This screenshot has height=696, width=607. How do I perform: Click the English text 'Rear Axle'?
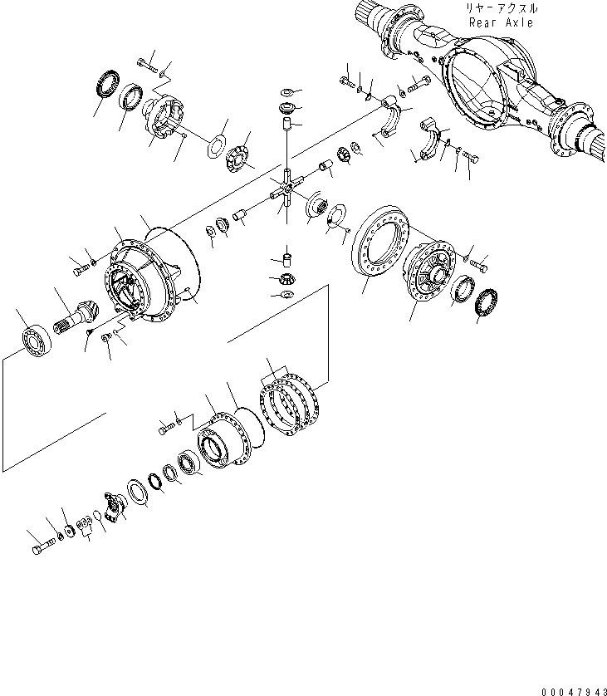[x=501, y=22]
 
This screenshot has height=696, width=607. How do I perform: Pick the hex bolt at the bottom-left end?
[x=43, y=549]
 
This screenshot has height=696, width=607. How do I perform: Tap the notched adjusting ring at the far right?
[x=487, y=298]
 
